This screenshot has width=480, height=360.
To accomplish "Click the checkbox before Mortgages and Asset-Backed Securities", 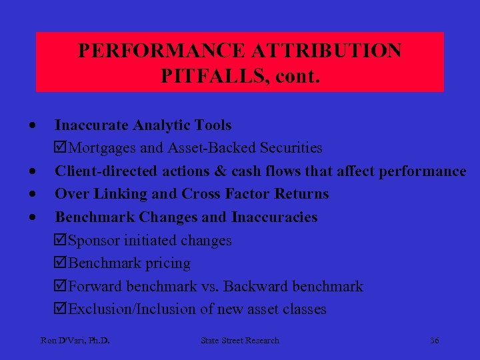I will (61, 148).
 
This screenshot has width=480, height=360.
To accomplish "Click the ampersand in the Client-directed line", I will (221, 171).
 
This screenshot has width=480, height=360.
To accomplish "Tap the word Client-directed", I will (106, 171).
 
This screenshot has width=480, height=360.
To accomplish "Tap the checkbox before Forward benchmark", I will (61, 287).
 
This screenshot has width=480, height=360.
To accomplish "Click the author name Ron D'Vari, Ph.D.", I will (75, 341).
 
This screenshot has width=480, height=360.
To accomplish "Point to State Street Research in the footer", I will (240, 341).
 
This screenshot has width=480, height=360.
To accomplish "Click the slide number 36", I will (434, 341).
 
